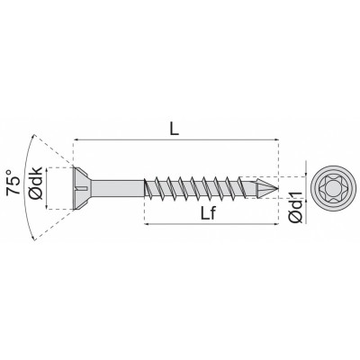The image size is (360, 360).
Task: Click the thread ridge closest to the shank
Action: pos(153,188)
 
